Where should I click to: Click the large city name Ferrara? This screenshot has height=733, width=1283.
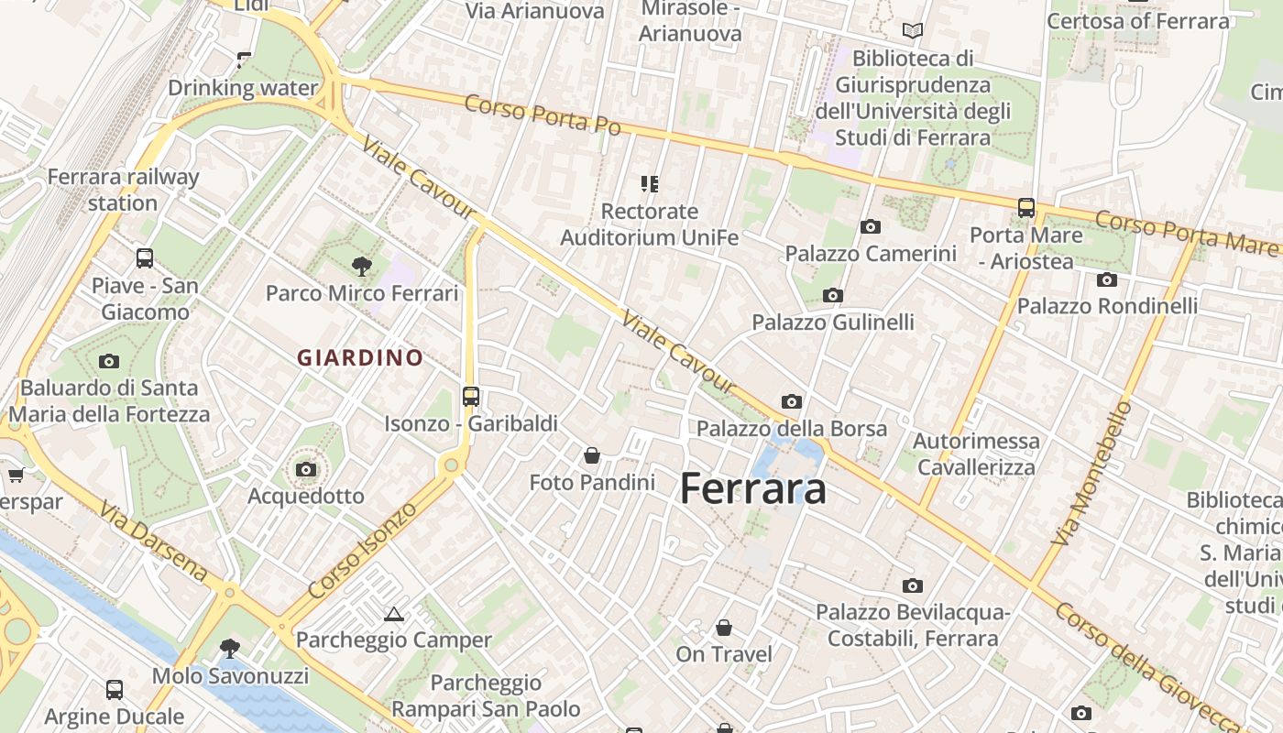tap(753, 488)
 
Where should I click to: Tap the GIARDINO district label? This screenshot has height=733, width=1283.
tap(360, 358)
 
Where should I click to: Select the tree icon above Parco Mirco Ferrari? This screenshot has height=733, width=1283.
tap(362, 267)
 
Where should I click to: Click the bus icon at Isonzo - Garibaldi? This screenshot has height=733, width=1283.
tap(471, 397)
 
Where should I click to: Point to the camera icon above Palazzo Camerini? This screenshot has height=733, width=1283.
tap(871, 226)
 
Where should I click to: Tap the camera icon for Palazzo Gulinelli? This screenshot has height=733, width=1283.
tap(833, 295)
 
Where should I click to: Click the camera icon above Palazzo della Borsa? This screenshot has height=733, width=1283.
tap(792, 401)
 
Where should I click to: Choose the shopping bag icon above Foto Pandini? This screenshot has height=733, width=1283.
tap(592, 454)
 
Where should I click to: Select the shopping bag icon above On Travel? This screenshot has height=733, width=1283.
tap(724, 628)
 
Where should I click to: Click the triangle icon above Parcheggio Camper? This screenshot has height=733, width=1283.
tap(394, 613)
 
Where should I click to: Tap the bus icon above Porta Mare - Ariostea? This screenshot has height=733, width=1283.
tap(1026, 208)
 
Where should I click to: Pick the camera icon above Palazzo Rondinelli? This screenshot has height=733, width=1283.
tap(1107, 279)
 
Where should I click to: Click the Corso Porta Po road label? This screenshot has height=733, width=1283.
tap(543, 115)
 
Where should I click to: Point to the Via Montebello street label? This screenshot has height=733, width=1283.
tap(1092, 473)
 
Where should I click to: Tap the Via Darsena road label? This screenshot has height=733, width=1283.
tap(153, 541)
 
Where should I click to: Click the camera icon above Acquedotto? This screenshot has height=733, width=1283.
tap(306, 470)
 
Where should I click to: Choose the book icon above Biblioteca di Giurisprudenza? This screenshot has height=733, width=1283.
tap(913, 30)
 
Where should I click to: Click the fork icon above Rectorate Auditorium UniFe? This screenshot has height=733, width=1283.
tap(650, 184)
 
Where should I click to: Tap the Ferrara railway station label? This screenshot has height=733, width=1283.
tap(123, 190)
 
